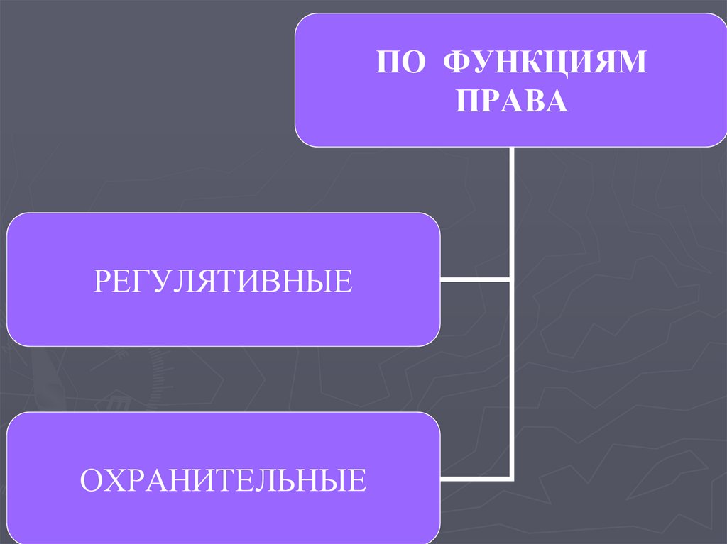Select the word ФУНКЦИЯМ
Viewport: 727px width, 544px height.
pos(545,63)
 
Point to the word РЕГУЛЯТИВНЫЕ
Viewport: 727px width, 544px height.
pos(223,281)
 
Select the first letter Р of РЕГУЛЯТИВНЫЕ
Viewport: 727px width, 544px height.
pos(102,281)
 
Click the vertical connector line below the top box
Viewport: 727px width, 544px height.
pos(511,213)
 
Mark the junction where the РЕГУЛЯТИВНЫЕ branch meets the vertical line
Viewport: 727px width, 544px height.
pos(511,280)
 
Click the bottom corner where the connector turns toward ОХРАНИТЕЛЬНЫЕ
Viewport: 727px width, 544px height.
pos(511,477)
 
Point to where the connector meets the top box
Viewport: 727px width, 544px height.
pos(511,148)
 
